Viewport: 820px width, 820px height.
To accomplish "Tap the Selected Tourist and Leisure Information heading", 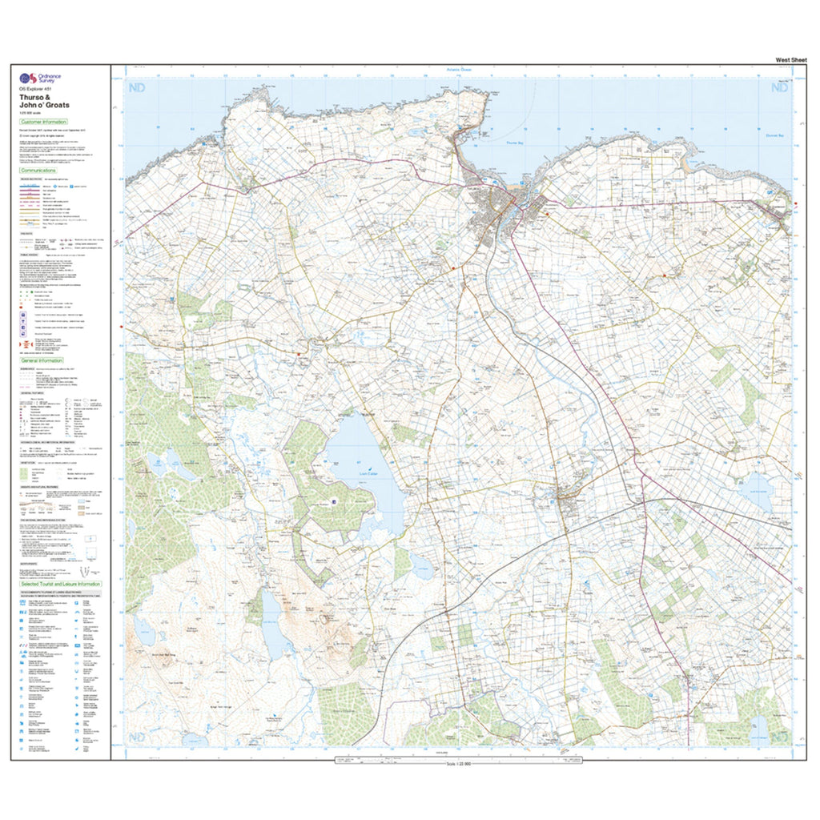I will [x=61, y=585].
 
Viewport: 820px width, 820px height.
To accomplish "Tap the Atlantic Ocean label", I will [x=459, y=70].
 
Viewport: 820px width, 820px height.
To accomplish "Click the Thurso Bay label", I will [x=515, y=143].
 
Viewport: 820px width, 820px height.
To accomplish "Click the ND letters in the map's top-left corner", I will [x=138, y=88].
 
